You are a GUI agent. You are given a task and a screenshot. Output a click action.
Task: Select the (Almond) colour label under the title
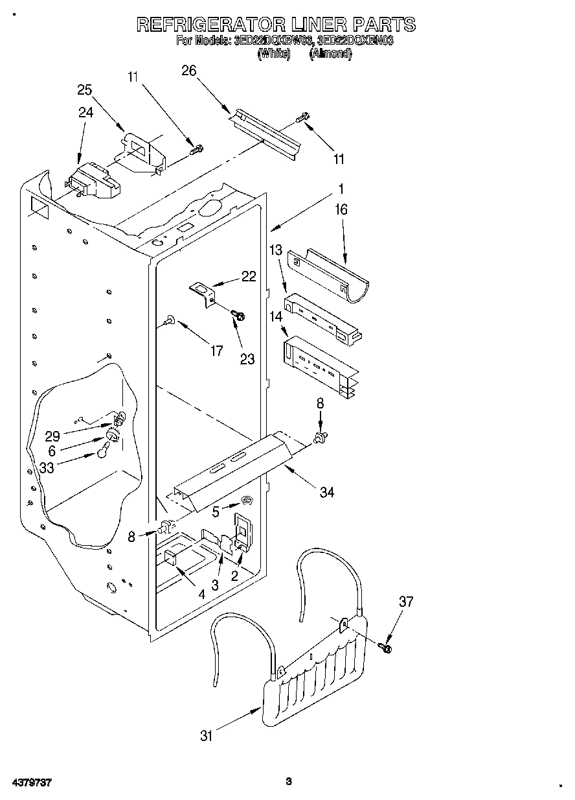click(x=330, y=54)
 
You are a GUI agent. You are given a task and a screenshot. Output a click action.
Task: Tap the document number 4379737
click(x=30, y=782)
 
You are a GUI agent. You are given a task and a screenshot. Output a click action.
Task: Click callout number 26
click(x=189, y=71)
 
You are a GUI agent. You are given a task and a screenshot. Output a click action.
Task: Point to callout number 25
click(x=85, y=90)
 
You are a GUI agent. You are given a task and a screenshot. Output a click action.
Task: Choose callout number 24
click(x=86, y=112)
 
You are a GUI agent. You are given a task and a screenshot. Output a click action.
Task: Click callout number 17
click(x=217, y=351)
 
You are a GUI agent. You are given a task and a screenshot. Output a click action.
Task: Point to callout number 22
click(x=248, y=276)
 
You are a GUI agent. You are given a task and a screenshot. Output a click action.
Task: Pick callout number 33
click(x=47, y=467)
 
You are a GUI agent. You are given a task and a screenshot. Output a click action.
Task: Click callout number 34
click(x=327, y=493)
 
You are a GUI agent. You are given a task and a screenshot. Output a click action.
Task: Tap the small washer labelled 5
click(x=246, y=500)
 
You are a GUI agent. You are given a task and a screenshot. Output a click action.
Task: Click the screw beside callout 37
click(x=387, y=646)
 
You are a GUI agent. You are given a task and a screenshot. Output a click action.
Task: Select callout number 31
click(x=207, y=736)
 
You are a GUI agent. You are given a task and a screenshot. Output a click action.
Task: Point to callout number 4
click(x=202, y=593)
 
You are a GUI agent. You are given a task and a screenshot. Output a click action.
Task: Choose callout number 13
click(x=276, y=250)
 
